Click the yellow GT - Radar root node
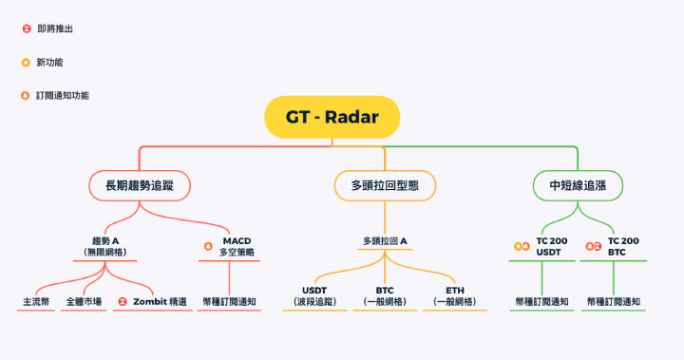332,118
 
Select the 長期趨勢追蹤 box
139,184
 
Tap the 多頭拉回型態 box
386,184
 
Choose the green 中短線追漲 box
577,184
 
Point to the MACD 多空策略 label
237,246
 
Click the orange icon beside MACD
208,246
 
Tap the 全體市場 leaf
83,302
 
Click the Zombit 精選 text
160,302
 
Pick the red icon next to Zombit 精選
122,302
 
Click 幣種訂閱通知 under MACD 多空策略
229,302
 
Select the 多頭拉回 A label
385,241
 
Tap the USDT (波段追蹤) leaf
314,295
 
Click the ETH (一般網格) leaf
455,295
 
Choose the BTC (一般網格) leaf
385,295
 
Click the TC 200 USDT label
552,246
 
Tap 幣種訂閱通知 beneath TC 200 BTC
613,302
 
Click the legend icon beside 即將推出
26,28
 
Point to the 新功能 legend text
50,63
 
